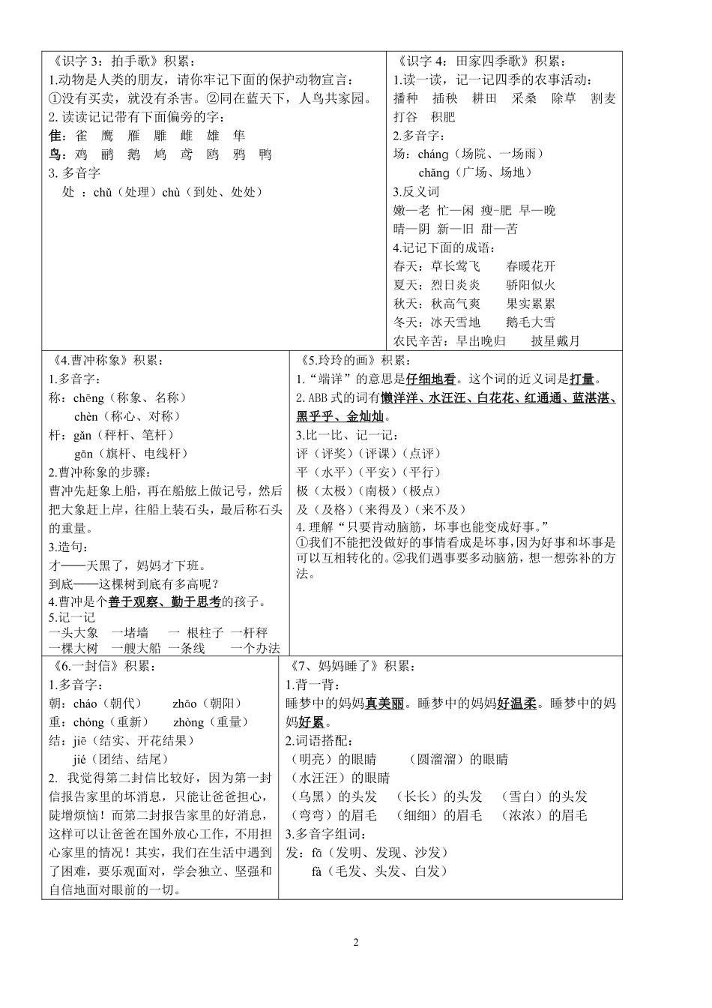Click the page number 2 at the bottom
[356, 943]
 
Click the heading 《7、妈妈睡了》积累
[350, 666]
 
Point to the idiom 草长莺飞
[456, 266]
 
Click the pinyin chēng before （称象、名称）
[89, 397]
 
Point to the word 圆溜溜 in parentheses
[438, 760]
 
